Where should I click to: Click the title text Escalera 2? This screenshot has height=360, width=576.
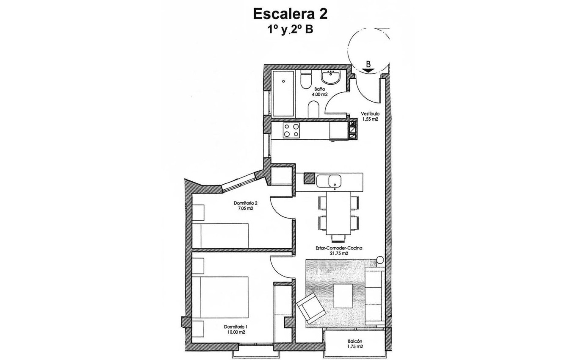pyautogui.click(x=290, y=14)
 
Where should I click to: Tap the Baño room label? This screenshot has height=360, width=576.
pyautogui.click(x=320, y=89)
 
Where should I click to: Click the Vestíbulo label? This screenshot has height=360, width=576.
pyautogui.click(x=370, y=114)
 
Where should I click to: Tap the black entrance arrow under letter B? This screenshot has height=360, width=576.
pyautogui.click(x=368, y=71)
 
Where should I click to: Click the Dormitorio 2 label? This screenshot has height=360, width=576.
pyautogui.click(x=246, y=202)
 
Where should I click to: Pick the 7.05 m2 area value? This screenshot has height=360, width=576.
pyautogui.click(x=246, y=208)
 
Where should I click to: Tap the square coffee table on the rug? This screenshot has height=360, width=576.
pyautogui.click(x=343, y=296)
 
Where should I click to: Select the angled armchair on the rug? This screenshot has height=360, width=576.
pyautogui.click(x=311, y=308)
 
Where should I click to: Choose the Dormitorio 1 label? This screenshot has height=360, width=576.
pyautogui.click(x=235, y=327)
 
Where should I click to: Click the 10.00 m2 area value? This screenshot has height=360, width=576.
pyautogui.click(x=235, y=332)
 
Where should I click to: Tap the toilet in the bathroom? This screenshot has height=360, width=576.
pyautogui.click(x=306, y=80)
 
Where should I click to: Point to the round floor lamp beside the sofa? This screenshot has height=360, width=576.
pyautogui.click(x=380, y=259)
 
